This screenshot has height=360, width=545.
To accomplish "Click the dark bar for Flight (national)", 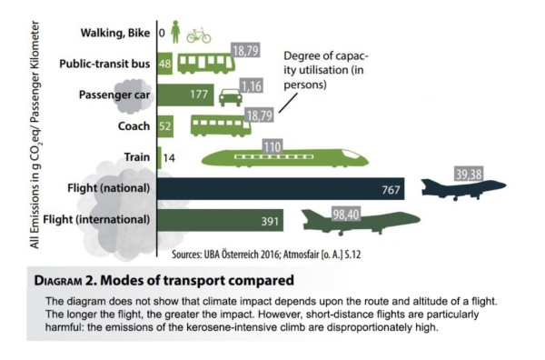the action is [281, 189].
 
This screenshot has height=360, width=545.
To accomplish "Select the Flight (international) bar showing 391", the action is [221, 220].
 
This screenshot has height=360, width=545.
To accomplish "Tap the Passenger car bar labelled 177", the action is [185, 95].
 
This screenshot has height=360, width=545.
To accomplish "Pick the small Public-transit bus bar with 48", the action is [165, 64].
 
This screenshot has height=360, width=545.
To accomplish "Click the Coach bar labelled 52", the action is [165, 126].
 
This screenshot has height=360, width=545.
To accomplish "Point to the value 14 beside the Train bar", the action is [169, 158].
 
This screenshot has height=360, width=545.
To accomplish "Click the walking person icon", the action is [175, 32].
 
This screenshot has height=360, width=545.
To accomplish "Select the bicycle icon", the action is [199, 35].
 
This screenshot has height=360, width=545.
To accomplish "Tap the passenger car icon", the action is [231, 98].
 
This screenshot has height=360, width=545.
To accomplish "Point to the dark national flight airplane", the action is [463, 189].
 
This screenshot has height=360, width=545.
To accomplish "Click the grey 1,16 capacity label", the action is [252, 86].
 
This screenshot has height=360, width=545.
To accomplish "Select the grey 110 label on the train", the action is [272, 146].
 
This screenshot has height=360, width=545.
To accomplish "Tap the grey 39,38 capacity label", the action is [469, 174].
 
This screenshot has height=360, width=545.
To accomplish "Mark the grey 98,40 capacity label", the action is [345, 215].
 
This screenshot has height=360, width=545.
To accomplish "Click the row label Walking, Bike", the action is [115, 33].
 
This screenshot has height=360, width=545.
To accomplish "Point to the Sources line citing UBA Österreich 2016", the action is [266, 255].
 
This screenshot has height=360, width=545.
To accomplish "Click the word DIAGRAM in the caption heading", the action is [58, 281].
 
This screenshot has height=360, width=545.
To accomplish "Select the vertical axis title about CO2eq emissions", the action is [35, 135].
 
